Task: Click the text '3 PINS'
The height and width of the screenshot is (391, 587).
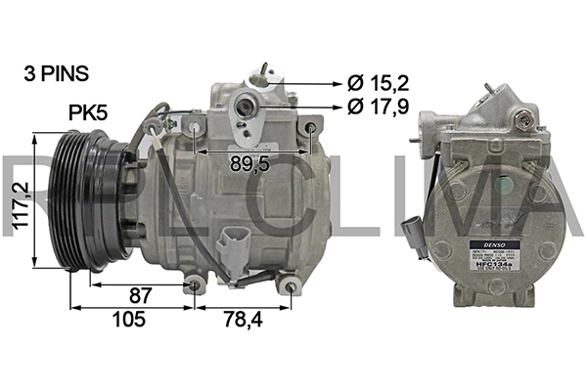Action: [x=56, y=73]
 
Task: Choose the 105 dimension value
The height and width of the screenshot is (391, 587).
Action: [x=128, y=320]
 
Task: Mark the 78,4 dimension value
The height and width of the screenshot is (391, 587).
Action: [x=244, y=320]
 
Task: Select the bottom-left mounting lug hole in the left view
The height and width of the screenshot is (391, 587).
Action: [x=195, y=284]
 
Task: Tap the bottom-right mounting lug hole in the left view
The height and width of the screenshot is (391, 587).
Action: [x=290, y=285]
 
